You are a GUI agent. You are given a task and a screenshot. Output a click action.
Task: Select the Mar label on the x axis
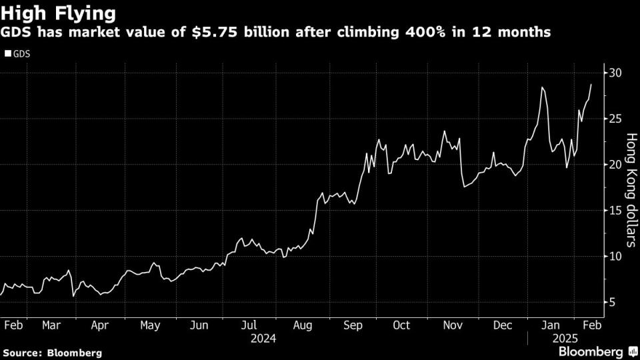51,325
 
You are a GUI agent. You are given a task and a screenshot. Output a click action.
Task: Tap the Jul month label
248,325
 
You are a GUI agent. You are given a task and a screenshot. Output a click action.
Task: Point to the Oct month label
402,325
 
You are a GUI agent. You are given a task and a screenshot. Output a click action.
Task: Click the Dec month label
503,325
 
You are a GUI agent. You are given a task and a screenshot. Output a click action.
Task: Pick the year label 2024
263,339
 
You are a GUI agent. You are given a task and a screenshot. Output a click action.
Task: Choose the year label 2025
561,339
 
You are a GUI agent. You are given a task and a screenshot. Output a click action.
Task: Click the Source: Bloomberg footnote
53,352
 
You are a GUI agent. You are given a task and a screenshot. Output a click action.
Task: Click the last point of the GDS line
591,85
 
